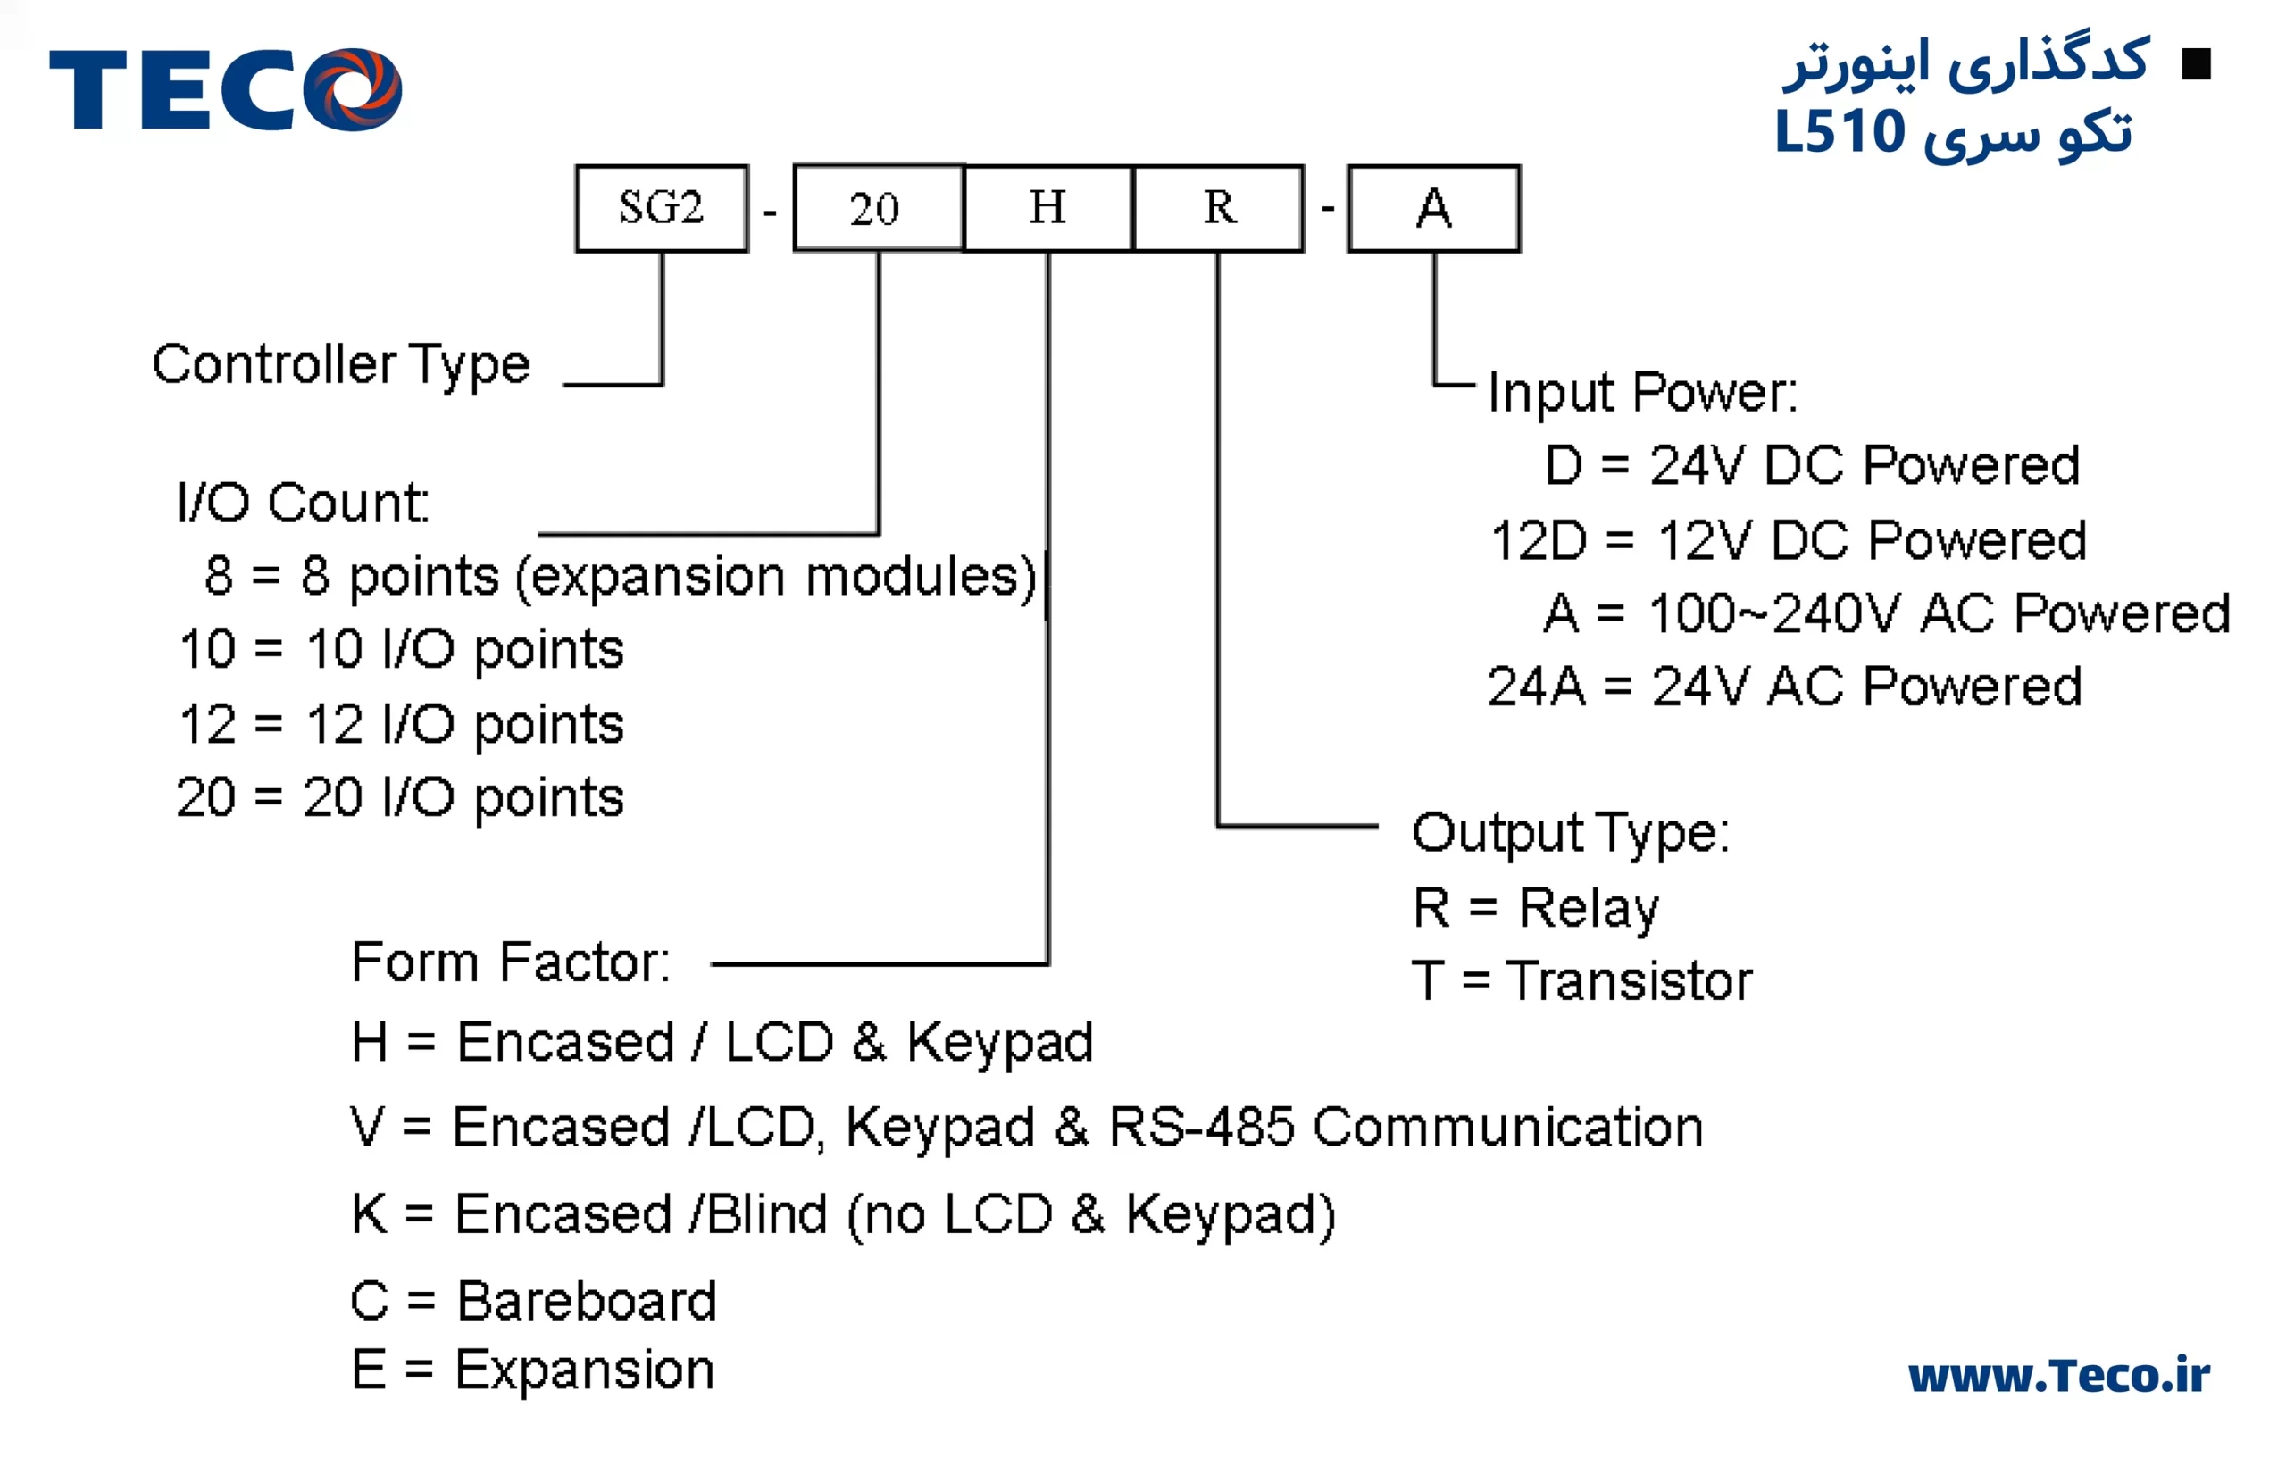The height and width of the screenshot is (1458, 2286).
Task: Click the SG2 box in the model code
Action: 662,209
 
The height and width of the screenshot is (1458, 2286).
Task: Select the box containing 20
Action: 878,209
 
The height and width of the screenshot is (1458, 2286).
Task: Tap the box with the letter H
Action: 1048,209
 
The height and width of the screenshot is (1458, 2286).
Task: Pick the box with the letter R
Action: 1219,209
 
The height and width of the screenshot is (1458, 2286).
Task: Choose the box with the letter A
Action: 1433,209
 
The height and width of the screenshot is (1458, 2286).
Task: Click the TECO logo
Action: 226,89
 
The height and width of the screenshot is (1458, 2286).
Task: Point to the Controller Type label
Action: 341,364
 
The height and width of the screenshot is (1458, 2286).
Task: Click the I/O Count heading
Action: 303,502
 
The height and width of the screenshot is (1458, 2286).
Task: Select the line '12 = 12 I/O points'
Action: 401,725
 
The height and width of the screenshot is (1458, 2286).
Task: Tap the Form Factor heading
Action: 511,962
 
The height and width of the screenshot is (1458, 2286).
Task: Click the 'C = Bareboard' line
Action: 533,1301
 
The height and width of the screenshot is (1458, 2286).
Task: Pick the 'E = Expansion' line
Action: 532,1370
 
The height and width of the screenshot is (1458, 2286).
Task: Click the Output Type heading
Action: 1570,833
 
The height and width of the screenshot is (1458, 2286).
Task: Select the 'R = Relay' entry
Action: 1535,907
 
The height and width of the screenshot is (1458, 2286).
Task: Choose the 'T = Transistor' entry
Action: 1581,980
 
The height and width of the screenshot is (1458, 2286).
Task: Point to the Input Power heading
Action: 1642,392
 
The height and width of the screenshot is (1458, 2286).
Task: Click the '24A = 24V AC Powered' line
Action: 1785,687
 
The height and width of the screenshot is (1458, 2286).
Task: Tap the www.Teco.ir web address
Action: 2058,1376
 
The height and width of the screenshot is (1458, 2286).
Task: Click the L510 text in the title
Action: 1840,131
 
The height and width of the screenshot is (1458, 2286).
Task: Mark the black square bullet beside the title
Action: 2196,64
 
